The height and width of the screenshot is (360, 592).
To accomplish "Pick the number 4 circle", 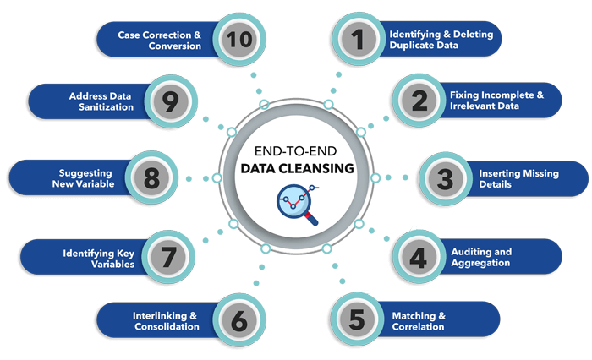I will (418, 257).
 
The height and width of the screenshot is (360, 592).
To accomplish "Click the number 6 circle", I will (239, 320).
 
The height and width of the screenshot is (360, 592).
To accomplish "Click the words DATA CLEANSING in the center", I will (296, 169).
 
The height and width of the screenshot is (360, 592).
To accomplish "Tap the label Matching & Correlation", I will (418, 321).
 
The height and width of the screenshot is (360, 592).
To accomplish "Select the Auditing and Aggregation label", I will (480, 257).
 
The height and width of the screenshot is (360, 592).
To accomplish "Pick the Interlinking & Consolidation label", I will (166, 321).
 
